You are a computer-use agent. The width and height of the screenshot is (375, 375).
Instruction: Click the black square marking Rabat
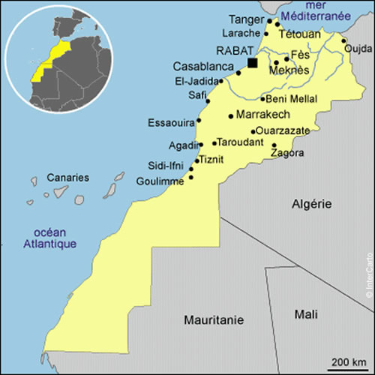253,63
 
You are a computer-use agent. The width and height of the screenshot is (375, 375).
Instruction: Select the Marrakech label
262,115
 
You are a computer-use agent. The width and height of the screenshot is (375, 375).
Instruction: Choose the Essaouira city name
171,121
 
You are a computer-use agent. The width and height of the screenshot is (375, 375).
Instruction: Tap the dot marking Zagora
274,145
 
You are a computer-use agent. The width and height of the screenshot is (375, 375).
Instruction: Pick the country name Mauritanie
214,320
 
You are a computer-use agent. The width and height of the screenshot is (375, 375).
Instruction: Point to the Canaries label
68,178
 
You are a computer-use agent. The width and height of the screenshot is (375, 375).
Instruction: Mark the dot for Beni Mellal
262,99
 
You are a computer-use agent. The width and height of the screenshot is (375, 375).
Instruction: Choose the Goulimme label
160,181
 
